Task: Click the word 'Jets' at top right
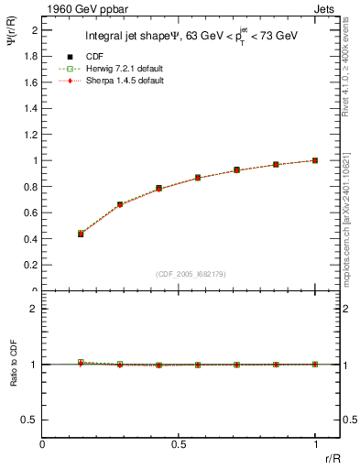tap(325, 7)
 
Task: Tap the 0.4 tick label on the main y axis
tap(30, 239)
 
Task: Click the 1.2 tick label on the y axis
tap(30, 135)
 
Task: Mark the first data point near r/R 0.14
tap(81, 234)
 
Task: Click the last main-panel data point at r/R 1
tap(315, 160)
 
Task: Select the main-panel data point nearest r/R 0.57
tap(198, 178)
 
